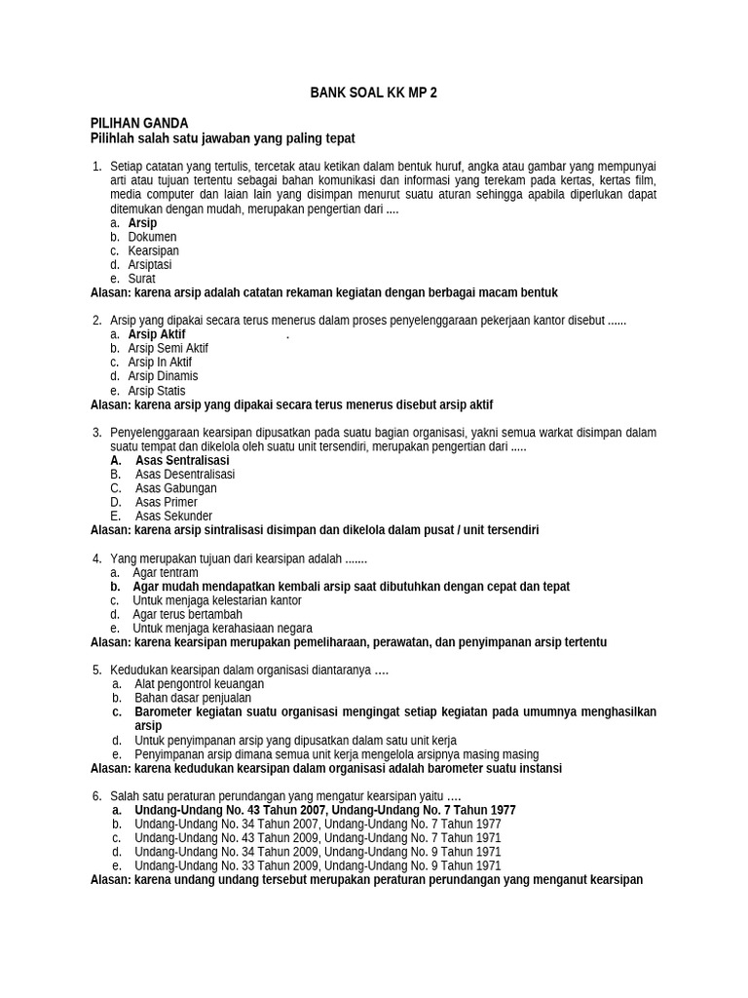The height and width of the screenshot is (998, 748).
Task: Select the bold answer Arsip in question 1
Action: [142, 223]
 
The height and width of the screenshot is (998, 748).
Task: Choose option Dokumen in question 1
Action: [152, 237]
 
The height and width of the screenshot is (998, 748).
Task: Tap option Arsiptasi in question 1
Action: [149, 264]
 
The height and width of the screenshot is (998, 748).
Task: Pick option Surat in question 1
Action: [141, 279]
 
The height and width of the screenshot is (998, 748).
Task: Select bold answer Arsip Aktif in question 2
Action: [156, 334]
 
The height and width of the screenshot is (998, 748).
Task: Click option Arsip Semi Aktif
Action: [168, 348]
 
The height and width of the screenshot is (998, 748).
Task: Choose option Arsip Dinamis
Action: [163, 376]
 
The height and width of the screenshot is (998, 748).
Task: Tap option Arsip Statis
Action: [156, 390]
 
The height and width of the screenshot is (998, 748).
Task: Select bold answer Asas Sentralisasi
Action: [182, 460]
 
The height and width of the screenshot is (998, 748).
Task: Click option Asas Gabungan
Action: [176, 488]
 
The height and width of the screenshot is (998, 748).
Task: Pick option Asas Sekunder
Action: [173, 516]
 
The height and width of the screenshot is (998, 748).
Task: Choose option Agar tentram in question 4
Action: [166, 573]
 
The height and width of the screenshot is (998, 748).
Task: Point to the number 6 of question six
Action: [96, 796]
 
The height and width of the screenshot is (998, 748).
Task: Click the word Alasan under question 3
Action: [109, 530]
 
